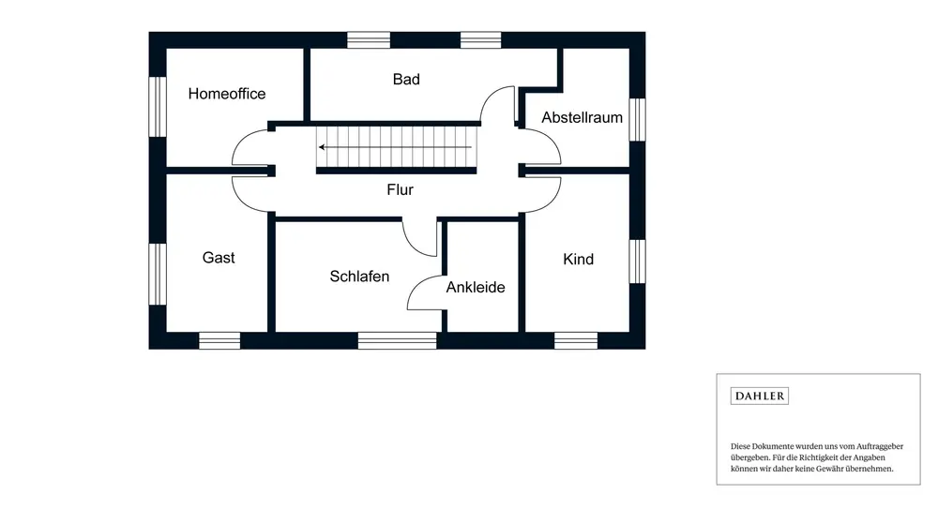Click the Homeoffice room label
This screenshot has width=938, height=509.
click(x=227, y=94)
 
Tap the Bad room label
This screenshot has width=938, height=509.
click(x=406, y=80)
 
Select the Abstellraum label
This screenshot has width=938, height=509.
click(x=582, y=118)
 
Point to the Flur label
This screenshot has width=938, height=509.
click(x=400, y=189)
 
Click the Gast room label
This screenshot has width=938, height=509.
click(x=219, y=258)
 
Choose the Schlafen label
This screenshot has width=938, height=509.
click(x=359, y=277)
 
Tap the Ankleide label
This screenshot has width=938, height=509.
click(x=476, y=287)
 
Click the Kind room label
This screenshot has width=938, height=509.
click(x=578, y=259)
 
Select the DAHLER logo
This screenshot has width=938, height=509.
click(x=759, y=396)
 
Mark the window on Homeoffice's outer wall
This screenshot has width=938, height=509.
click(x=158, y=106)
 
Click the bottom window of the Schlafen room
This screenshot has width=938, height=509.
click(x=397, y=340)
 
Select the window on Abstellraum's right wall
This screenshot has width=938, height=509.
click(x=637, y=119)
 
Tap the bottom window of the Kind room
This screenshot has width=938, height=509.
click(x=576, y=340)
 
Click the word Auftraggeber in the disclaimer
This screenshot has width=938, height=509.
click(x=874, y=446)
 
